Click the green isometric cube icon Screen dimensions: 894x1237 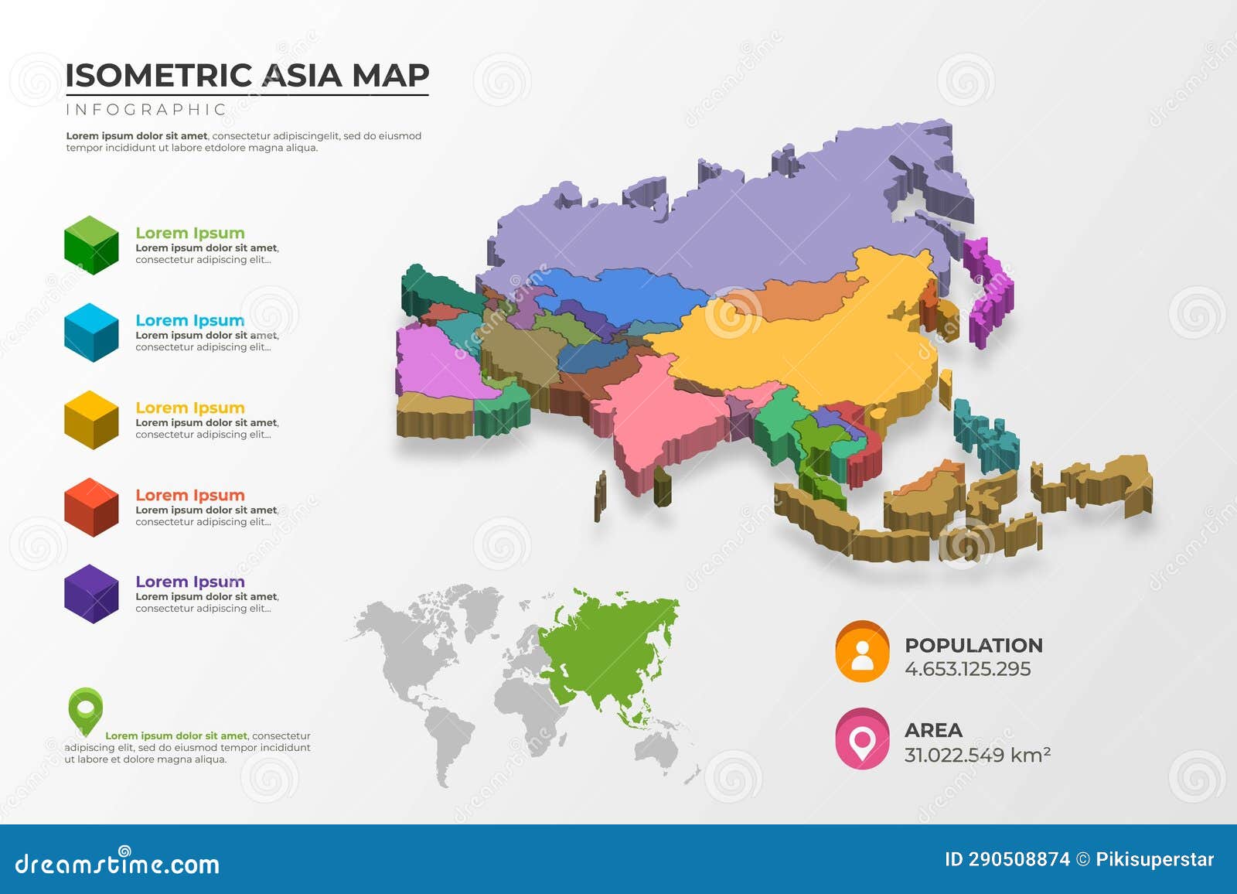[91, 245]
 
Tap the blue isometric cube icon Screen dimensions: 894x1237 [91, 333]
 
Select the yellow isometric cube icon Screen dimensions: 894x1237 [91, 420]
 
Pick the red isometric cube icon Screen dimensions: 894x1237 [91, 507]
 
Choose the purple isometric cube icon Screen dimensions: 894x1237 [91, 594]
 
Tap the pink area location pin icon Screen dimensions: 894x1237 [862, 739]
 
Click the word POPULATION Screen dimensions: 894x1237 [973, 645]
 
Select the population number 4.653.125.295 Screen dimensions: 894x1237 [967, 669]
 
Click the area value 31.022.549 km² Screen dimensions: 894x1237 [977, 755]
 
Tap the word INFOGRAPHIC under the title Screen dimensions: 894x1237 [145, 110]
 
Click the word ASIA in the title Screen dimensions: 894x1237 [302, 76]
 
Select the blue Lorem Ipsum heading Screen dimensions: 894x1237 [189, 320]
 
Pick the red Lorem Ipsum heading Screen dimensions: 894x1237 [189, 495]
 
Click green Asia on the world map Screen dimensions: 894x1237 [611, 642]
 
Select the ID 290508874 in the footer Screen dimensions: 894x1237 [1007, 859]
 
